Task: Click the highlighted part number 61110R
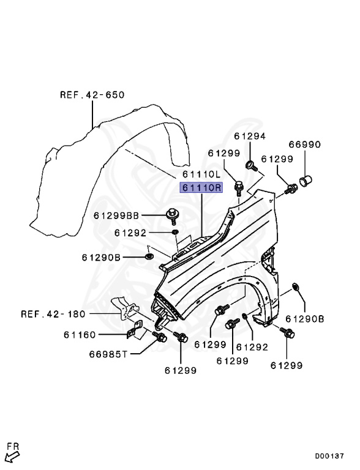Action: point(201,188)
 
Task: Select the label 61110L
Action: point(201,174)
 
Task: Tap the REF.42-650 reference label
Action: point(92,95)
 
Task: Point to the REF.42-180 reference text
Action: point(53,314)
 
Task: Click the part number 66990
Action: point(304,144)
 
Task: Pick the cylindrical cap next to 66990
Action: point(306,181)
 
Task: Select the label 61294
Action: point(250,136)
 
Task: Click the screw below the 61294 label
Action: point(251,165)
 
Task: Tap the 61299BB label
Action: point(116,215)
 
